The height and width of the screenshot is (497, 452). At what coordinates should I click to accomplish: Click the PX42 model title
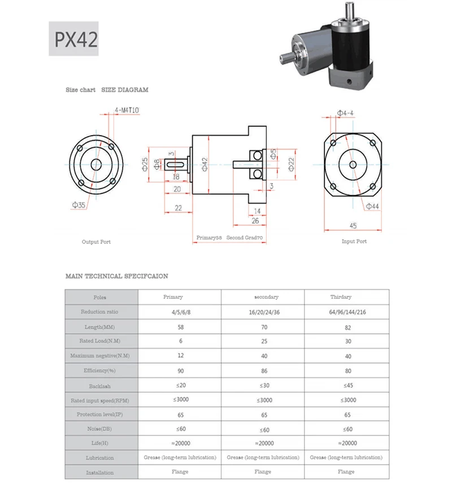pyautogui.click(x=76, y=39)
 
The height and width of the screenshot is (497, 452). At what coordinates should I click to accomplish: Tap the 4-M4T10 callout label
pyautogui.click(x=127, y=110)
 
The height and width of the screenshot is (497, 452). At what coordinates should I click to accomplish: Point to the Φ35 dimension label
pyautogui.click(x=79, y=205)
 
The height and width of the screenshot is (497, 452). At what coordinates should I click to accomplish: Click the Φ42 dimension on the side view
pyautogui.click(x=205, y=164)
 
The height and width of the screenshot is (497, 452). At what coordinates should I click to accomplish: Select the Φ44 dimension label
pyautogui.click(x=372, y=206)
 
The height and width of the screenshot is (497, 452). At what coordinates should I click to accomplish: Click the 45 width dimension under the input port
pyautogui.click(x=353, y=226)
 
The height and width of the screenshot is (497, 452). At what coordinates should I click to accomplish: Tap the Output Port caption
pyautogui.click(x=96, y=242)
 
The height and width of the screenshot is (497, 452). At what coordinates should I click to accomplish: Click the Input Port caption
pyautogui.click(x=354, y=241)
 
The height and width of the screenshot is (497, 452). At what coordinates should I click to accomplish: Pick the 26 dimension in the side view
pyautogui.click(x=255, y=221)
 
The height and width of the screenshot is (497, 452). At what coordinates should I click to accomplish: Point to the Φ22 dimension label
pyautogui.click(x=291, y=164)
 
